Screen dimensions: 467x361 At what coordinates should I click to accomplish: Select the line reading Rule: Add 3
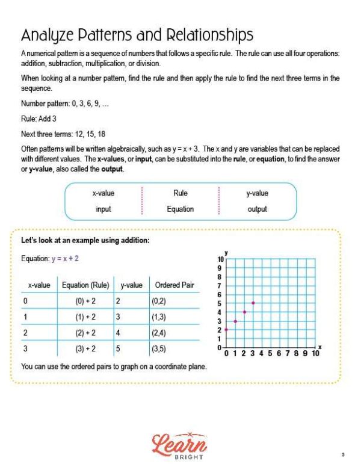pos(39,119)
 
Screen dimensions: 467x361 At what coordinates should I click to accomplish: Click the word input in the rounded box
pos(103,209)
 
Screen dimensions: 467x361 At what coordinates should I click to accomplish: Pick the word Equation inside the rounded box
pos(180,209)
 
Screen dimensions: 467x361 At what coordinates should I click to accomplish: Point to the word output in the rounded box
pos(257,209)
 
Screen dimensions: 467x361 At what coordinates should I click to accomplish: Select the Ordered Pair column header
pos(174,285)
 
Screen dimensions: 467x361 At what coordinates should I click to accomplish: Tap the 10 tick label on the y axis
pos(221,259)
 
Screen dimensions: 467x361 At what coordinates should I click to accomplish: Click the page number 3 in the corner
pos(342,454)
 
